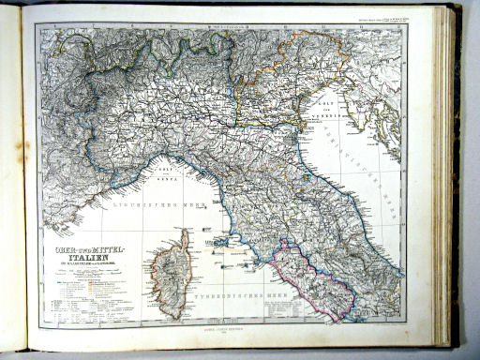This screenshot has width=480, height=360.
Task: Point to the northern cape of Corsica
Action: click(x=184, y=232)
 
